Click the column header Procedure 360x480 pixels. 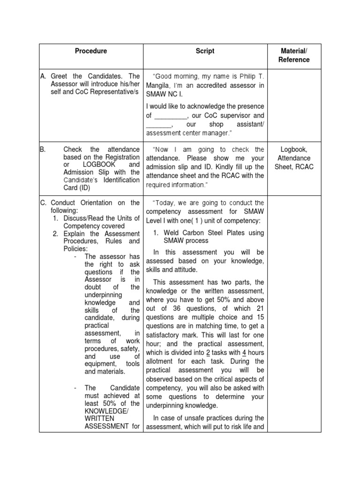pos(91,51)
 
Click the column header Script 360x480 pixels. pos(205,51)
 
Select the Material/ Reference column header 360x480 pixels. pos(294,55)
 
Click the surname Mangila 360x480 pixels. pos(159,85)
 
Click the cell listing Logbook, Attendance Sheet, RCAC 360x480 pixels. pos(294,158)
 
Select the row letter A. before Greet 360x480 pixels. pos(43,76)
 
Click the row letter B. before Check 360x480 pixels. pos(42,150)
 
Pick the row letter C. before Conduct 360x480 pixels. pos(43,202)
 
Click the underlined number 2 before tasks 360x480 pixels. pos(208,352)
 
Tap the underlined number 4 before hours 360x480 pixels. pos(245,352)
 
